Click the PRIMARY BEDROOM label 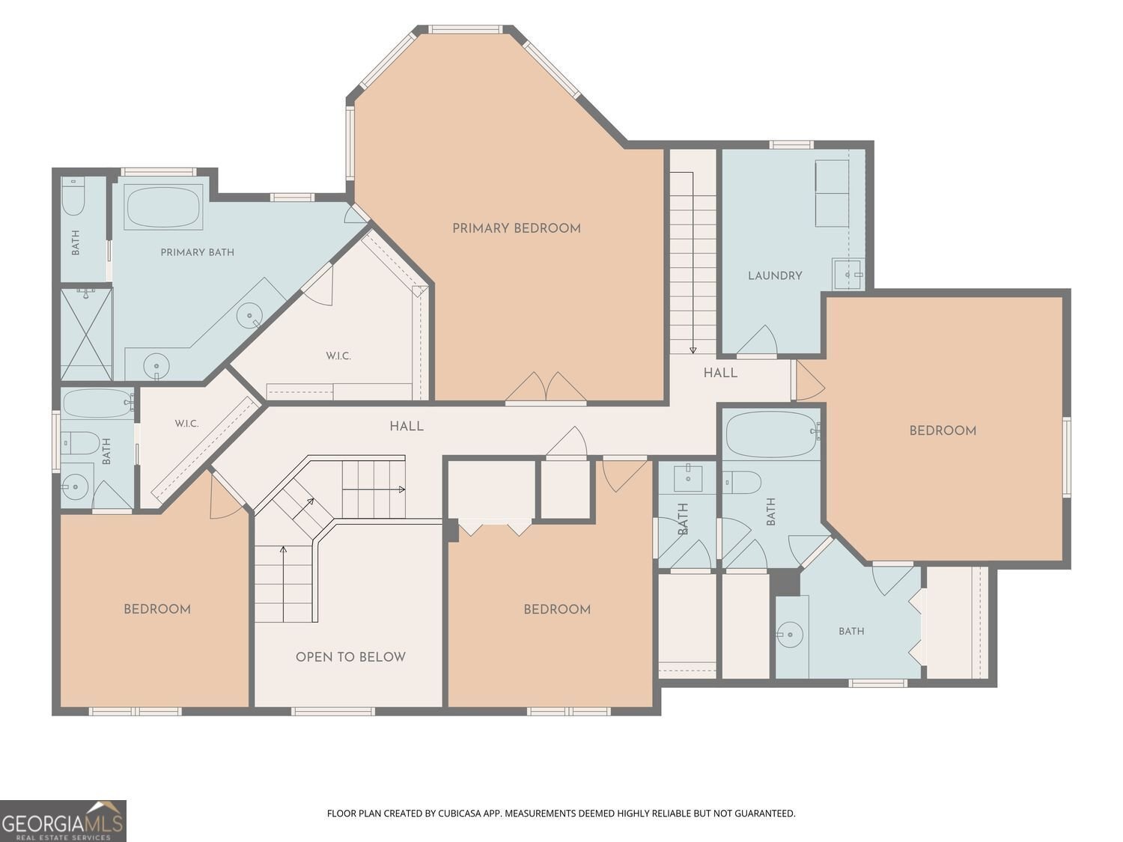[517, 228]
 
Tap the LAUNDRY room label [775, 276]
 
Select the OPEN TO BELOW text [350, 657]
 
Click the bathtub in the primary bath [164, 208]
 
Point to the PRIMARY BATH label [197, 252]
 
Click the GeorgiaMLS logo [63, 821]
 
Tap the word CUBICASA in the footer [457, 814]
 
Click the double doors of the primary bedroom [546, 388]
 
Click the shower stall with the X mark [86, 335]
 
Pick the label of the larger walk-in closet [338, 356]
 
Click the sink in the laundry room [848, 275]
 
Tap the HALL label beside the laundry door [720, 373]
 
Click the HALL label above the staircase [407, 427]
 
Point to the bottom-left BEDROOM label [157, 609]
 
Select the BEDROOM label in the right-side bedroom [943, 431]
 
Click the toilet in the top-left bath [73, 197]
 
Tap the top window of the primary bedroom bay [466, 29]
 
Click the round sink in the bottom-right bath [790, 635]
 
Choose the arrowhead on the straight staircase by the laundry [693, 350]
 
